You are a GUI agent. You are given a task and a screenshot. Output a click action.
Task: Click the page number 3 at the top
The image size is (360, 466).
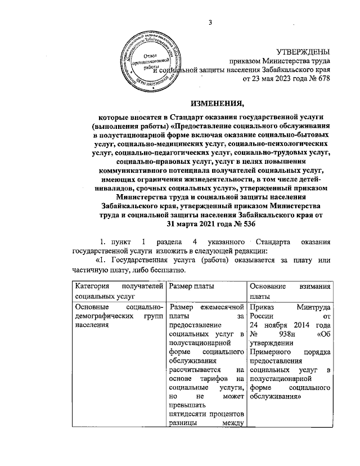[210, 23]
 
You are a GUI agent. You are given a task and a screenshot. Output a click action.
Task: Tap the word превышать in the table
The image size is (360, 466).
[188, 405]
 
